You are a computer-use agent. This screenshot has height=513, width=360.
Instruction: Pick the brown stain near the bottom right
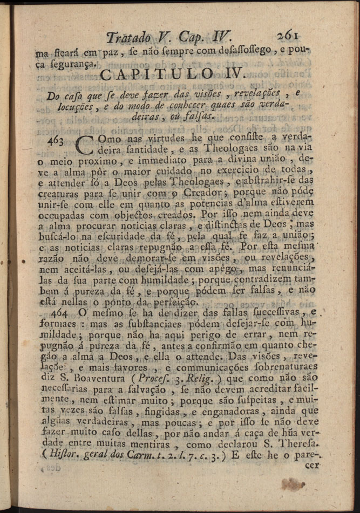pyautogui.click(x=293, y=484)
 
